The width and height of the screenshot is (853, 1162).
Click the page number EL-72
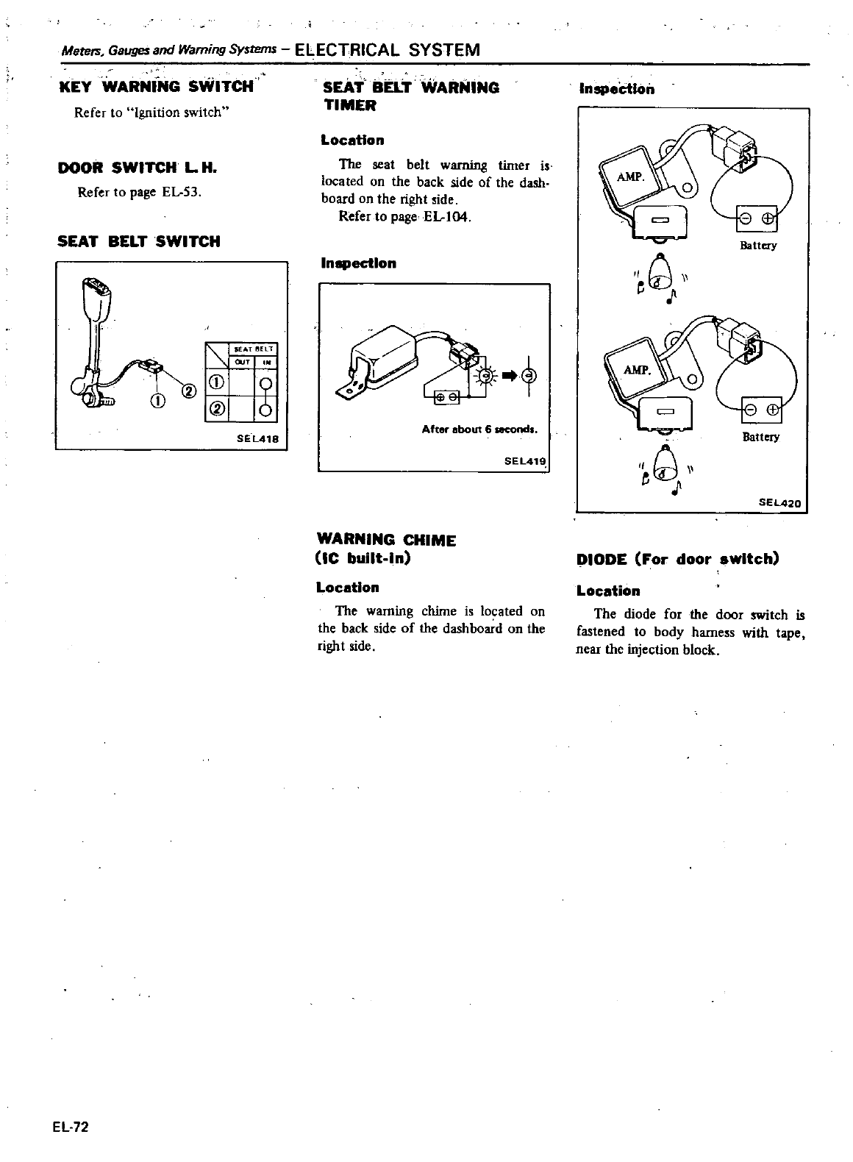(x=70, y=1127)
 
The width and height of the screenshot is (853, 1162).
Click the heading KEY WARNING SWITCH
(x=156, y=87)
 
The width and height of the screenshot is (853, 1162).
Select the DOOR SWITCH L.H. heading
(x=137, y=168)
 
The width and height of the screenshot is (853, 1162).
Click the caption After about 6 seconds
(x=479, y=429)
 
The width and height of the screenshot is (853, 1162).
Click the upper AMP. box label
(x=629, y=177)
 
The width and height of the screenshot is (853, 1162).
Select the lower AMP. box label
(x=637, y=369)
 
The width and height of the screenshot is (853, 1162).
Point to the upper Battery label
(x=757, y=246)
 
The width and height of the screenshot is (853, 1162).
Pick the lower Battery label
(x=760, y=437)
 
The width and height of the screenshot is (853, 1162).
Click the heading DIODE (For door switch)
(x=677, y=559)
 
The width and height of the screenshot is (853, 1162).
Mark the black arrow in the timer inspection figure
(x=507, y=377)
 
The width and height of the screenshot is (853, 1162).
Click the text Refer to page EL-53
(x=140, y=193)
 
